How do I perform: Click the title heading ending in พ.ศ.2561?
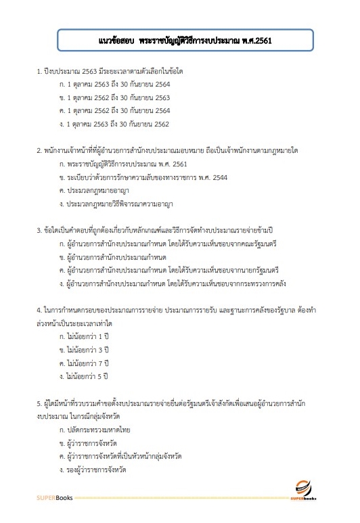tap(180, 40)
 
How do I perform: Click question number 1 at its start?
tap(39, 71)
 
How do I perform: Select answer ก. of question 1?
tap(115, 84)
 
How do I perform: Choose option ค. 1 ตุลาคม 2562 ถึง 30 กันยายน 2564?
tap(115, 111)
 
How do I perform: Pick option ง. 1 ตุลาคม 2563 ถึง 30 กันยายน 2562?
tap(115, 124)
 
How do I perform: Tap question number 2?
tap(39, 152)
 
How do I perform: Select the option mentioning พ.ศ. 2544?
tap(135, 178)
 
